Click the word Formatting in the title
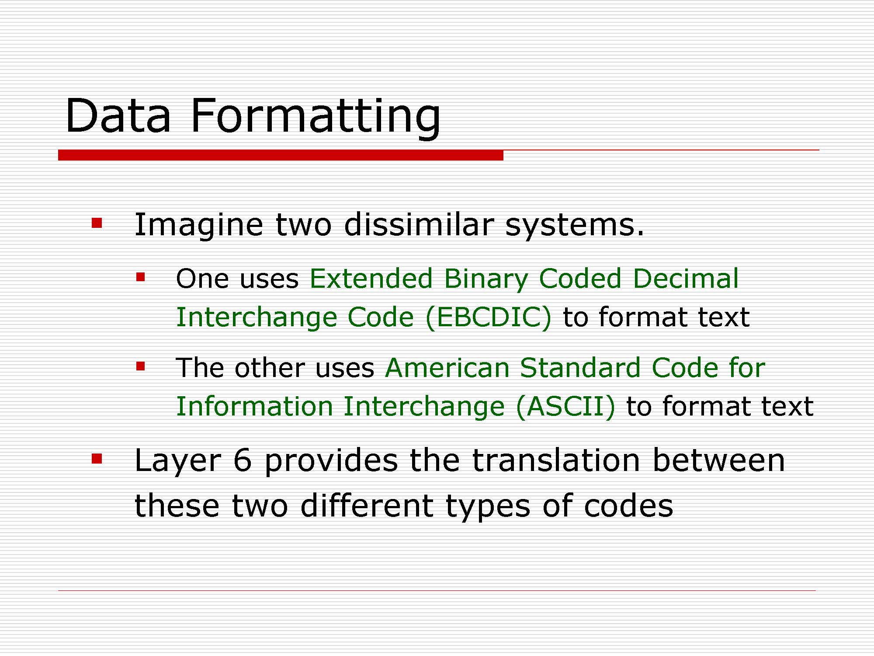[316, 117]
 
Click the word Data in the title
[118, 115]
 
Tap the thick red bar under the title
[281, 155]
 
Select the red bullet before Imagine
[97, 223]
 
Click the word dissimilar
[419, 224]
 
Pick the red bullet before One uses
[140, 277]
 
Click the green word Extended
[371, 278]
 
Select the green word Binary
[486, 280]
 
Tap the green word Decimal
[686, 278]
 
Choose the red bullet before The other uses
[140, 366]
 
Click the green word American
[447, 367]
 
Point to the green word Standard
[580, 367]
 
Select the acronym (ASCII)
[565, 406]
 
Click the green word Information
[254, 406]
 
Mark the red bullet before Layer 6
[97, 459]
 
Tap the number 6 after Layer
[243, 461]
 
